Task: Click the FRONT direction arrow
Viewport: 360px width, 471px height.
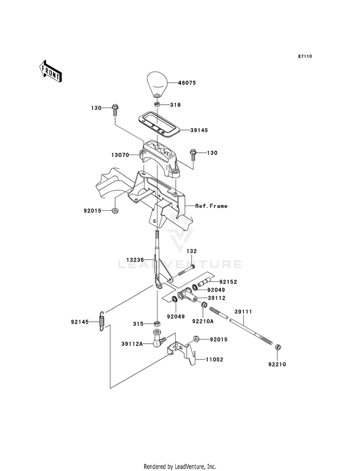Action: (50, 71)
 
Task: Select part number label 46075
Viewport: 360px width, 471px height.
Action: (187, 83)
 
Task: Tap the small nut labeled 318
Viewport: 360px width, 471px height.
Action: (157, 105)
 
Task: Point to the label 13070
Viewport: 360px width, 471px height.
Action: (120, 155)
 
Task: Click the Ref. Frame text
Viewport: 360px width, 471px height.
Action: (211, 206)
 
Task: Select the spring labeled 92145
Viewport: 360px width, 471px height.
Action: (102, 321)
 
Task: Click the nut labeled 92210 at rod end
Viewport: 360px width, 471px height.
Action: (278, 347)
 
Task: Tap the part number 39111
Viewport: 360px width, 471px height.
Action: (243, 312)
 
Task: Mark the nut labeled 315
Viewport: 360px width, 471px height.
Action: (157, 324)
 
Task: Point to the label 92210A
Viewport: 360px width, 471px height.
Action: (203, 321)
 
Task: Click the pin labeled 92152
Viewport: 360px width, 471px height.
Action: (206, 283)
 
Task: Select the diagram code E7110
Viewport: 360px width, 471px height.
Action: (305, 56)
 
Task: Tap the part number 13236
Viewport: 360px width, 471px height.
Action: (135, 259)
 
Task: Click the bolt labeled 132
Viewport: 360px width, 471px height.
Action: (183, 271)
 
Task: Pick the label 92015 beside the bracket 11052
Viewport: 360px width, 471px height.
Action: (218, 339)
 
